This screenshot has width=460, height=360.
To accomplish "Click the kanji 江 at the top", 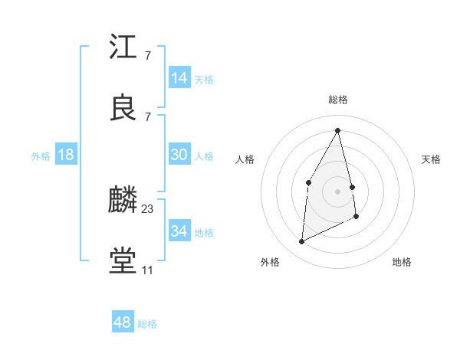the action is click(123, 47).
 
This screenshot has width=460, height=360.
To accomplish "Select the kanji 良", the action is click(123, 108).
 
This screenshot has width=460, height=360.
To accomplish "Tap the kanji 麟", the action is click(123, 201).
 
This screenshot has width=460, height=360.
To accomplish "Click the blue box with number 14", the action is click(179, 78).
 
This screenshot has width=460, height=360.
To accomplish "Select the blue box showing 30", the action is click(179, 155).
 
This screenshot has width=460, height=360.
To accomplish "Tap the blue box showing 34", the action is click(179, 231).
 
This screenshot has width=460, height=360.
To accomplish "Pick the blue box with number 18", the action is click(66, 155).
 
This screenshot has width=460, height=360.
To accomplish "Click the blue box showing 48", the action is click(122, 322).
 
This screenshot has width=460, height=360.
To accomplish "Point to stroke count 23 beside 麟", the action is click(148, 208).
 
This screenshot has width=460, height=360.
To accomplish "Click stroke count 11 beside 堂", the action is click(147, 270).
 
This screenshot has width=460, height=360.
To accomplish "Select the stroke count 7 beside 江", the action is click(147, 55).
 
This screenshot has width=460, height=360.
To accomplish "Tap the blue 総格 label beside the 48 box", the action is click(147, 324).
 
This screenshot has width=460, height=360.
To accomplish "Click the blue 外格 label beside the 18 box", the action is click(41, 156).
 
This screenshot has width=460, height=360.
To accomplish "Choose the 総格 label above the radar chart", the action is click(338, 100).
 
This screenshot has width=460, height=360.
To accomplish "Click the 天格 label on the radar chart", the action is click(432, 159).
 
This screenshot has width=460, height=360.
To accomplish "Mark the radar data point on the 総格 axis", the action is click(338, 129).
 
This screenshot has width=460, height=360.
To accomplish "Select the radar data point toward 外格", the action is click(301, 242).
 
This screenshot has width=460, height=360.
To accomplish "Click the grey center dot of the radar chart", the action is click(338, 191).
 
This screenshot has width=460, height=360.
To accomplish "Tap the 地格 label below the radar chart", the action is click(402, 262).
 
